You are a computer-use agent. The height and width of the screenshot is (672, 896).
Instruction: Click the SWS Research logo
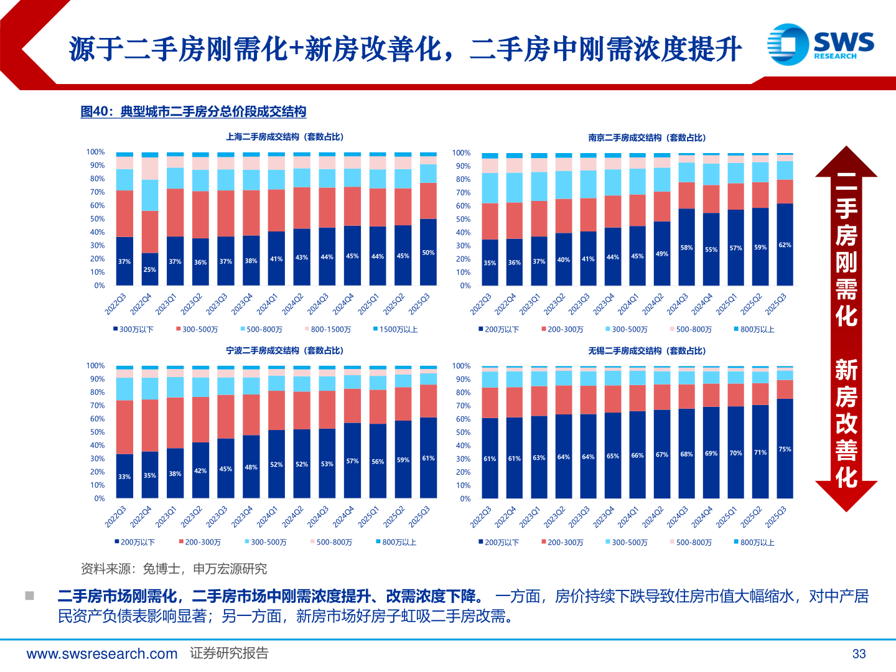pyautogui.click(x=820, y=44)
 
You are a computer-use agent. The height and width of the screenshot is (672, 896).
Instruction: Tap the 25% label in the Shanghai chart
pyautogui.click(x=150, y=270)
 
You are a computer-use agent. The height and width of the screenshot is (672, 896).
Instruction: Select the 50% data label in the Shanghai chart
pyautogui.click(x=428, y=253)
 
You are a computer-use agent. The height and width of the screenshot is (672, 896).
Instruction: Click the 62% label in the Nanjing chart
pyautogui.click(x=785, y=245)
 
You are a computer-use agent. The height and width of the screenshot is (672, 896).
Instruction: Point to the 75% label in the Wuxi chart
pyautogui.click(x=785, y=449)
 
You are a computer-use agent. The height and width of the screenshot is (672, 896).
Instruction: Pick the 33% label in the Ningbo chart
pyautogui.click(x=124, y=477)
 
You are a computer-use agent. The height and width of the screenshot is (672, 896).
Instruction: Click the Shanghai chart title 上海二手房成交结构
pyautogui.click(x=284, y=137)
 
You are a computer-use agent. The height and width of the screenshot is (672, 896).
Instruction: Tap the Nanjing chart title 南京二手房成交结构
pyautogui.click(x=646, y=138)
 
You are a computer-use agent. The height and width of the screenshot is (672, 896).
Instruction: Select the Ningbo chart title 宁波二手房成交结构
pyautogui.click(x=284, y=351)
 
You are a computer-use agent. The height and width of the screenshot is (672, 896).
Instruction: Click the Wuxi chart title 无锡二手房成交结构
pyautogui.click(x=646, y=351)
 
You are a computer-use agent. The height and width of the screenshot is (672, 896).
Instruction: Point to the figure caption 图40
pyautogui.click(x=194, y=112)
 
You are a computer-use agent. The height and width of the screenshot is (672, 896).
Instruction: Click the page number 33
pyautogui.click(x=859, y=654)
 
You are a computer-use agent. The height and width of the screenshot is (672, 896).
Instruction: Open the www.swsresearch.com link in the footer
pyautogui.click(x=102, y=654)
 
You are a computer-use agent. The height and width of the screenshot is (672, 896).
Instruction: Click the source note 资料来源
pyautogui.click(x=174, y=569)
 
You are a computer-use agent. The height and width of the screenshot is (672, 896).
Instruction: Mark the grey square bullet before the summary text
pyautogui.click(x=29, y=596)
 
